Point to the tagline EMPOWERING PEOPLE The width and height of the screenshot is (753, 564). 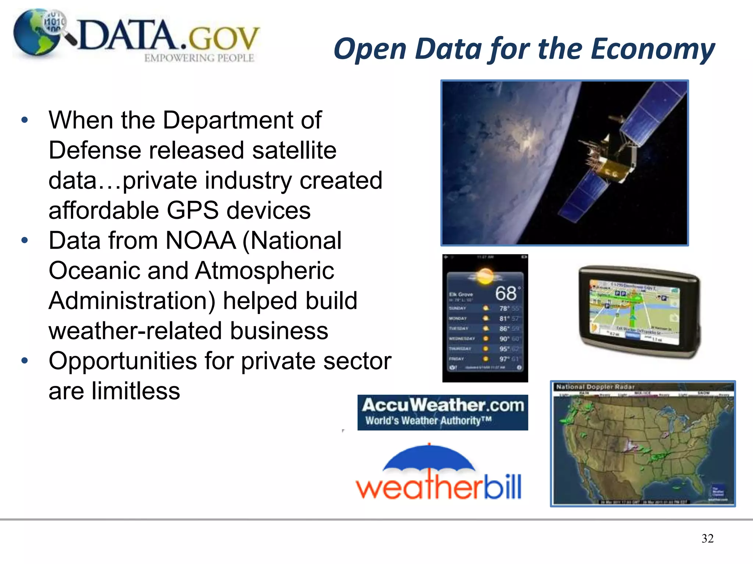click(199, 58)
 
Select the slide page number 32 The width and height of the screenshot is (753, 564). click(707, 538)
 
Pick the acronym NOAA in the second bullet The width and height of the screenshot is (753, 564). click(201, 241)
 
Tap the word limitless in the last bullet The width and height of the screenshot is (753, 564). click(136, 391)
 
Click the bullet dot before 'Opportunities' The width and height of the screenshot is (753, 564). click(25, 361)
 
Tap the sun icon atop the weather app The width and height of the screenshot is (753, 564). click(485, 276)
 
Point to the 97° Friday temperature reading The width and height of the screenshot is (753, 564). click(503, 359)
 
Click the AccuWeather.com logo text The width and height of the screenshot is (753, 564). click(443, 405)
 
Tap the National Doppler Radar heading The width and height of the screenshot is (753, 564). click(595, 387)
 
